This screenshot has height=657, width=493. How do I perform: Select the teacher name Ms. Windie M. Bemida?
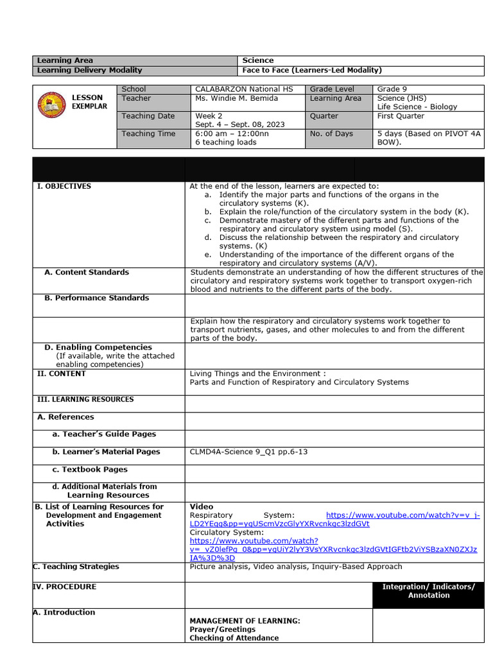237,98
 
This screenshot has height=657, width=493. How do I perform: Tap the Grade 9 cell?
392,89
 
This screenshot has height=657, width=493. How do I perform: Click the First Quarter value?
401,116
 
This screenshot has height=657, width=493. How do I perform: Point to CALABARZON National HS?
243,89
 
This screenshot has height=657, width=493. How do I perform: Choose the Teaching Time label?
148,133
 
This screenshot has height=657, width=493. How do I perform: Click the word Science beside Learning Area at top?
257,60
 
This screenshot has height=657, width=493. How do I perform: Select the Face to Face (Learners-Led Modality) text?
311,70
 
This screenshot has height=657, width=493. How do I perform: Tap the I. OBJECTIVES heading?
64,186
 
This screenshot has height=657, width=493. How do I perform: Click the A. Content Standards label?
87,272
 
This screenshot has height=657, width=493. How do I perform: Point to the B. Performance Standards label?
96,298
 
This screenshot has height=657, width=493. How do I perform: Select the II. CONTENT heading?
62,373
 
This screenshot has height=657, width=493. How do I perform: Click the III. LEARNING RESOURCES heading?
86,399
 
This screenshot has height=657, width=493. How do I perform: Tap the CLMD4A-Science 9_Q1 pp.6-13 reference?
248,452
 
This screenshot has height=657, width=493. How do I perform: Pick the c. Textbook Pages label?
90,469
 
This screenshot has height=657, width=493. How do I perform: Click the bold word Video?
202,506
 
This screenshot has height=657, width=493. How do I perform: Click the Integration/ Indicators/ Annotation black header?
428,591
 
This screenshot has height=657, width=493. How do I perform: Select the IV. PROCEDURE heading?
65,586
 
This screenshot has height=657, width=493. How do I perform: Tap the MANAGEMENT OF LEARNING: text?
245,620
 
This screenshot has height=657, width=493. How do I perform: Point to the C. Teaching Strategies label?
76,567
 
